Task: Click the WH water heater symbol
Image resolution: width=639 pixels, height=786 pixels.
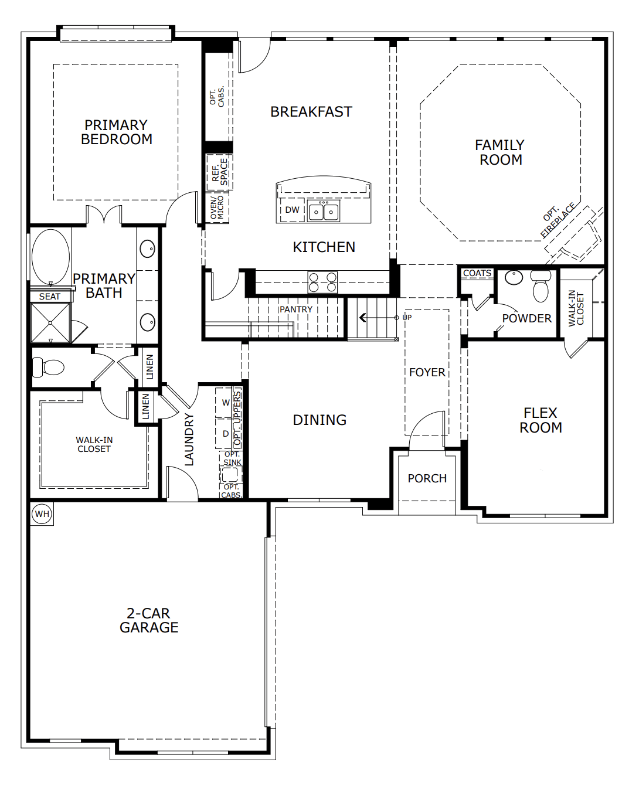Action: [x=42, y=514]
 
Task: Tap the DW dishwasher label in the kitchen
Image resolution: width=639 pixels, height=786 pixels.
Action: [x=292, y=210]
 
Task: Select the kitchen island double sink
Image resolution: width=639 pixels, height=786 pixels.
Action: [x=324, y=210]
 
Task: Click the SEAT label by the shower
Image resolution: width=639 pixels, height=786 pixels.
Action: [x=49, y=297]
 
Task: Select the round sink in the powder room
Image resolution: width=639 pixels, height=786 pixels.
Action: [x=514, y=277]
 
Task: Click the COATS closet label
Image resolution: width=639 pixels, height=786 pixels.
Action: [x=477, y=273]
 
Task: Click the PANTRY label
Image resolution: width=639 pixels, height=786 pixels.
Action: [x=296, y=309]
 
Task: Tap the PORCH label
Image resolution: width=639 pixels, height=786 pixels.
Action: [x=427, y=478]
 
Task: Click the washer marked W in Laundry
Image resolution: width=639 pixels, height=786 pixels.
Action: [x=225, y=403]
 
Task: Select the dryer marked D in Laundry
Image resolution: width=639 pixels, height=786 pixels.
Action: [x=225, y=434]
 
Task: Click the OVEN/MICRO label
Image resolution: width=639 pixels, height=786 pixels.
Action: [x=217, y=207]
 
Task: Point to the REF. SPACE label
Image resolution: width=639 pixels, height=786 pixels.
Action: [x=219, y=172]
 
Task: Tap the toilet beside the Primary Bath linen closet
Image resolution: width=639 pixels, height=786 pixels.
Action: [x=49, y=368]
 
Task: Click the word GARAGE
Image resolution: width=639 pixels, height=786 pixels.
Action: [x=149, y=628]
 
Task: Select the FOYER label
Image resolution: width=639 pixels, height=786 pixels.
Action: [x=427, y=372]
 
